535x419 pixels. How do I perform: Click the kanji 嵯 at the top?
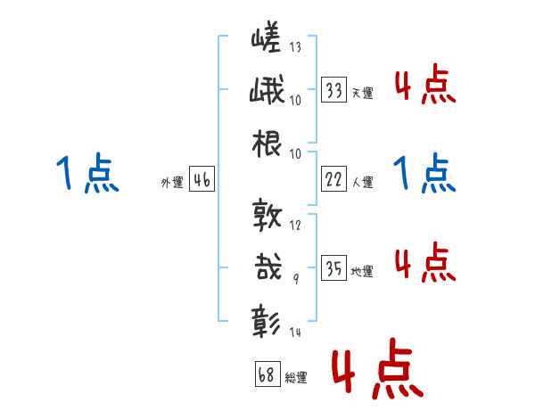click(267, 38)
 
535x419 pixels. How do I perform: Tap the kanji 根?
click(267, 145)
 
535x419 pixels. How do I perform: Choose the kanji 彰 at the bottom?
click(268, 319)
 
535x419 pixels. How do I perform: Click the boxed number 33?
click(334, 90)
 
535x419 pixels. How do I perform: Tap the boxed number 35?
click(334, 268)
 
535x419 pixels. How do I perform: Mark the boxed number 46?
click(202, 180)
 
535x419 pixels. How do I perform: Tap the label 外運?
click(172, 182)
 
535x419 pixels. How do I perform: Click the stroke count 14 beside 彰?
click(295, 333)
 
